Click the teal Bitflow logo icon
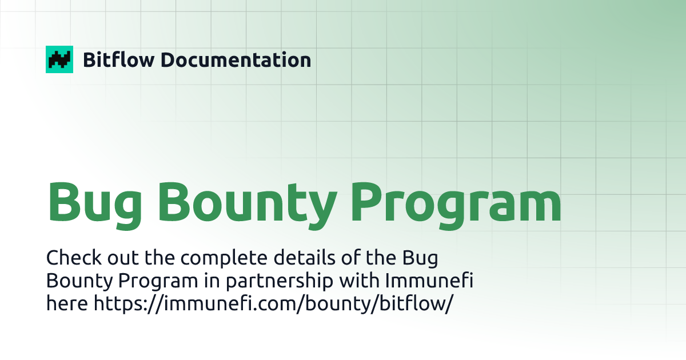click(59, 59)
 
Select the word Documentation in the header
click(236, 59)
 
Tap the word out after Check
click(113, 258)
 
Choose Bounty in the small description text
click(73, 281)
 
